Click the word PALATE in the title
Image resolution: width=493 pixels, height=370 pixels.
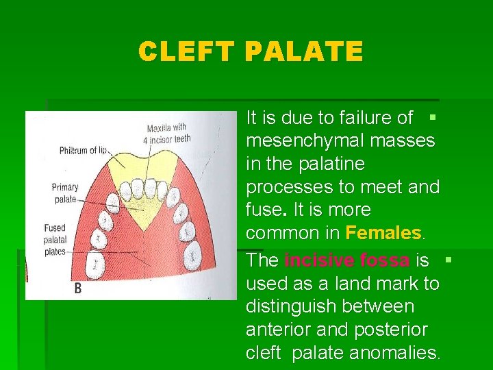tap(303, 52)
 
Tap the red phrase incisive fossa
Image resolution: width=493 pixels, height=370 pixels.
tap(346, 260)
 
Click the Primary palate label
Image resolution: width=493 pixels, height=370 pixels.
tap(65, 193)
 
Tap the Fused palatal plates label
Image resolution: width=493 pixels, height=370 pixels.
tap(55, 240)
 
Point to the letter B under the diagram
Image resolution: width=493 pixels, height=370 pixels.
tap(77, 288)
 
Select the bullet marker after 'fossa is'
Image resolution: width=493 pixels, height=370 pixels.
tap(448, 260)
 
